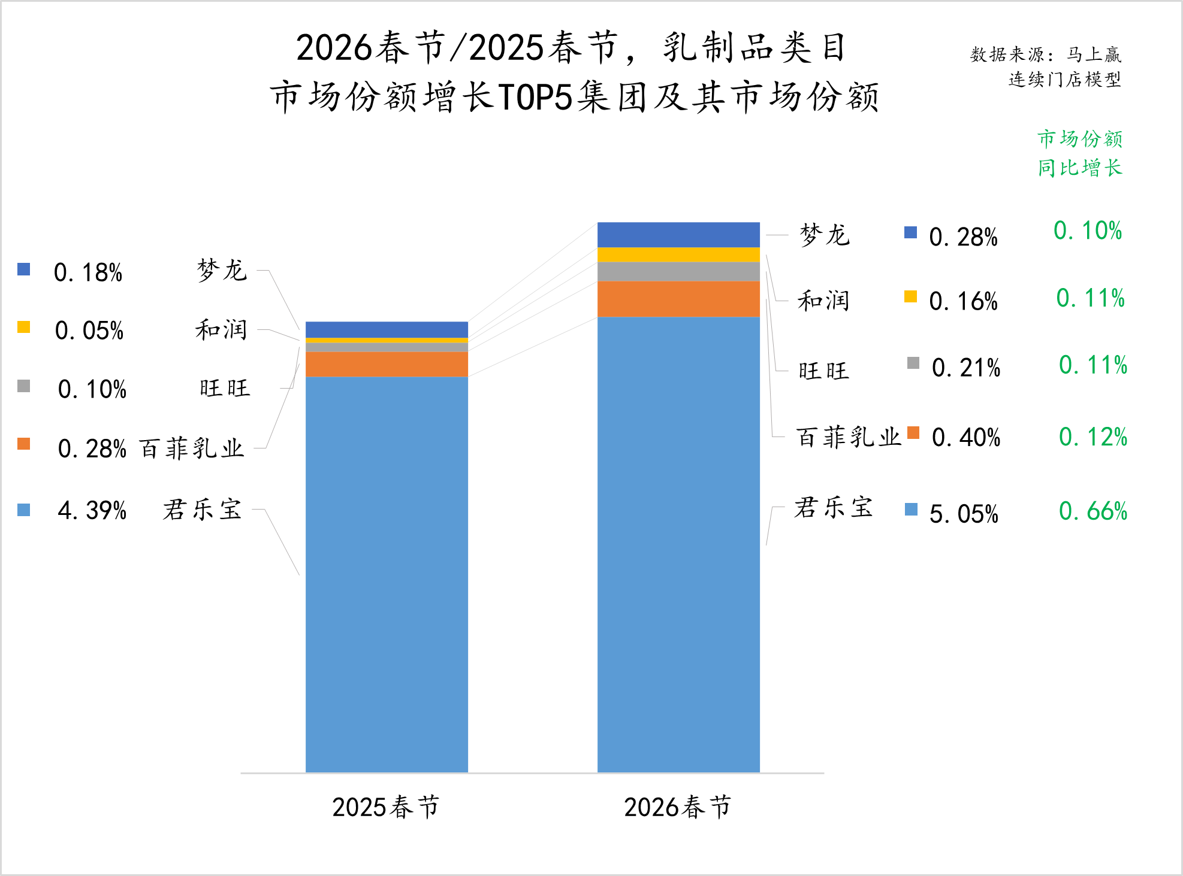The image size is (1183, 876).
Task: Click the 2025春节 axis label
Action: click(x=385, y=807)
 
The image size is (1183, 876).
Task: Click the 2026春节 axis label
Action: click(x=677, y=807)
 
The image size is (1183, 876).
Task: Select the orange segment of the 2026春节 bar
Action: click(x=678, y=299)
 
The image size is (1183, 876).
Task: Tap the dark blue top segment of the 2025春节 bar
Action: click(x=387, y=329)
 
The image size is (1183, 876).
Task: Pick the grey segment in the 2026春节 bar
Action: click(x=678, y=271)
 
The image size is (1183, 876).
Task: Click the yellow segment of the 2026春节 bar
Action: click(x=678, y=254)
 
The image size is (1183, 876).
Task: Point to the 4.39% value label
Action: click(x=92, y=511)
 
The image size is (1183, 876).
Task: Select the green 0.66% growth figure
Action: click(x=1093, y=511)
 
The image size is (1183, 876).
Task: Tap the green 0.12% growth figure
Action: click(x=1093, y=437)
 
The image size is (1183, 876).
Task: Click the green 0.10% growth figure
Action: click(x=1087, y=231)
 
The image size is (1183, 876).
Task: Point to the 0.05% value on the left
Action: click(x=89, y=331)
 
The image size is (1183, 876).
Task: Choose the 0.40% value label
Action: click(x=966, y=438)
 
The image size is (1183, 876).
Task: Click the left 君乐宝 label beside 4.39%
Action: click(x=202, y=510)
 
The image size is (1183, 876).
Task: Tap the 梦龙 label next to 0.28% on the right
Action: click(x=825, y=235)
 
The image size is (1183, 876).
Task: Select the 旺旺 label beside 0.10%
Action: click(x=225, y=388)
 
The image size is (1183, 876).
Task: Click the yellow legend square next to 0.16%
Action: click(x=910, y=296)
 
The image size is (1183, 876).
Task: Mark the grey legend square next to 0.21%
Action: click(x=913, y=363)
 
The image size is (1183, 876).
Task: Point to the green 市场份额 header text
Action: click(x=1080, y=139)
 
